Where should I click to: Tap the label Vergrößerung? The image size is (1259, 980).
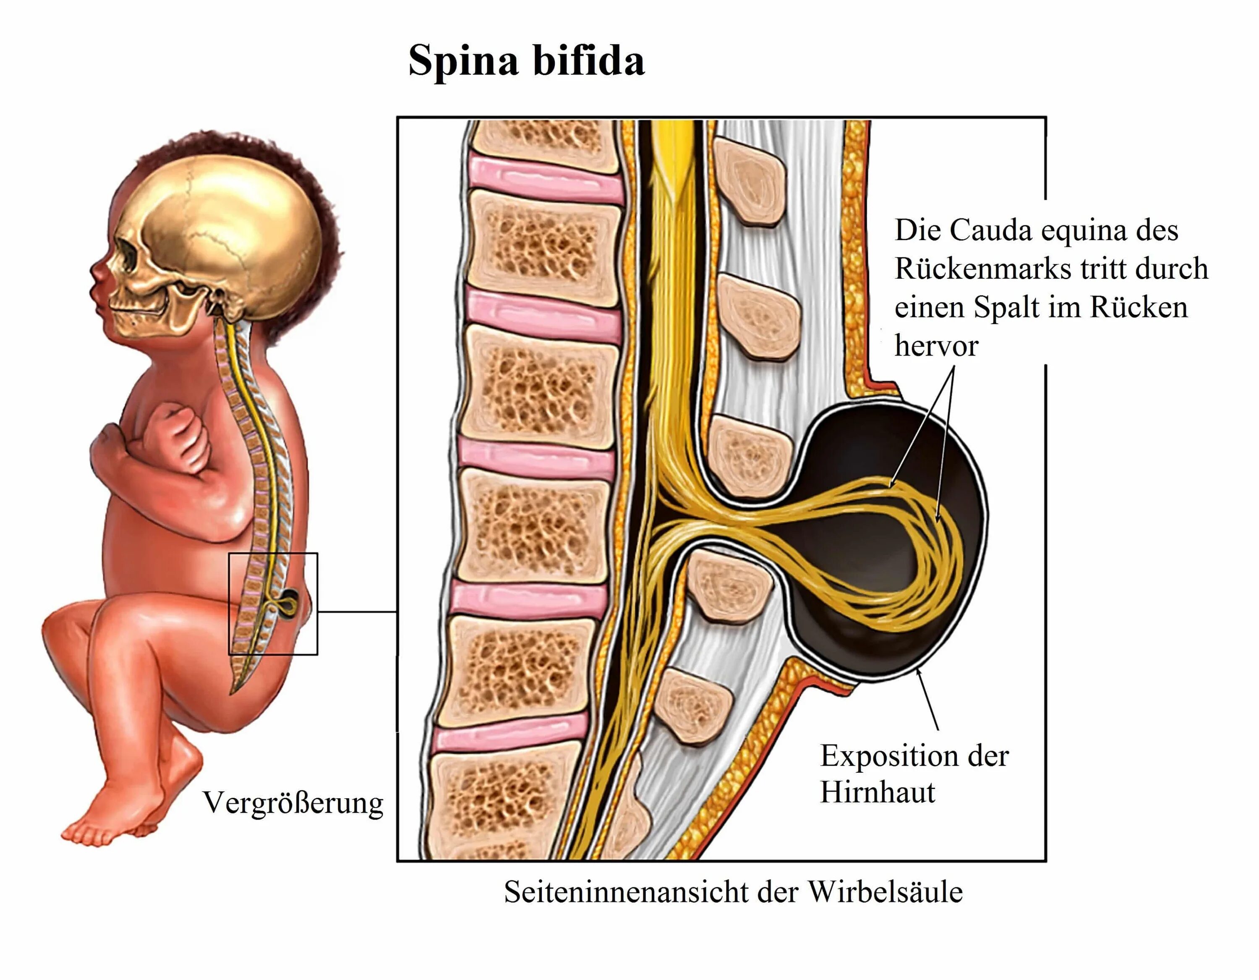[x=293, y=803]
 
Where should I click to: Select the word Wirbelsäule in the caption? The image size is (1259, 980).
[x=885, y=892]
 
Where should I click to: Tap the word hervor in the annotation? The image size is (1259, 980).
[x=936, y=346]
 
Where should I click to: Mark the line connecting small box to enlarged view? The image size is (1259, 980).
[x=358, y=611]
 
